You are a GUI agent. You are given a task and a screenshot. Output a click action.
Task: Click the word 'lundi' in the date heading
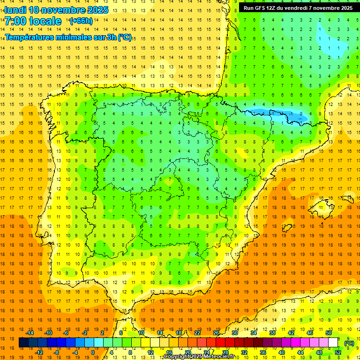(x=15, y=10)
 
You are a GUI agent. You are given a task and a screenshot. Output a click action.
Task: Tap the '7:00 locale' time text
(x=33, y=21)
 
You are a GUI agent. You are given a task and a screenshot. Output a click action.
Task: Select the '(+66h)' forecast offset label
(x=81, y=21)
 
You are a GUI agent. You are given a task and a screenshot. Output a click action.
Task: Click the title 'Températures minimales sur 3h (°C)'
(x=68, y=37)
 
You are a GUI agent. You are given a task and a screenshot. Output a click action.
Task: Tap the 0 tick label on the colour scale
(x=93, y=352)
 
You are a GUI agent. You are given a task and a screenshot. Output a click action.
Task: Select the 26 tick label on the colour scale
(x=216, y=333)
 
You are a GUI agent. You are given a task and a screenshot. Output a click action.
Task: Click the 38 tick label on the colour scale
(x=272, y=333)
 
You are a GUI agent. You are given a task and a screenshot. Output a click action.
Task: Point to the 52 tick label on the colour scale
(x=338, y=352)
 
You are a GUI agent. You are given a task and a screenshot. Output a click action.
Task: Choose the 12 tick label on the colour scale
(x=150, y=352)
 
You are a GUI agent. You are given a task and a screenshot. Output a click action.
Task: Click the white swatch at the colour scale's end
(x=333, y=343)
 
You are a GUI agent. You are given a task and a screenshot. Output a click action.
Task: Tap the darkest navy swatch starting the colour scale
(x=23, y=343)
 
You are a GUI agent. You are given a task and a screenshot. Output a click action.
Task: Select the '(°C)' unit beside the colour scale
(x=349, y=343)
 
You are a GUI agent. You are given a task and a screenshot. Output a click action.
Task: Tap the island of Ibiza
(x=287, y=228)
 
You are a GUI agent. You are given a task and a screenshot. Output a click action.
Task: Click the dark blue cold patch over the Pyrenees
(x=277, y=114)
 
